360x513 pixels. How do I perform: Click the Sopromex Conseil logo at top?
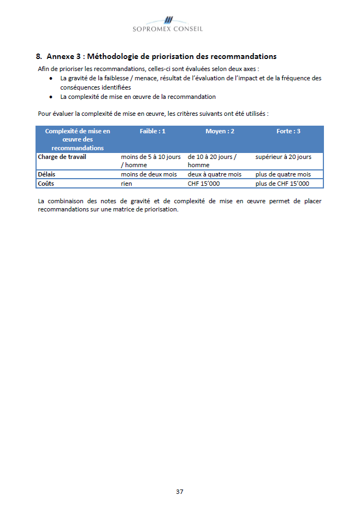168,24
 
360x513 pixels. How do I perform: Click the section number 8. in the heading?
39,56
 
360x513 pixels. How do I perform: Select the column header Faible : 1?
152,131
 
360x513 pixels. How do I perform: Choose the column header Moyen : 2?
220,131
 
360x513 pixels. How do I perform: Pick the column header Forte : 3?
288,131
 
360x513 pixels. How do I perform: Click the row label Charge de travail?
62,157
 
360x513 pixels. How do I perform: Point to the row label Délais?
46,174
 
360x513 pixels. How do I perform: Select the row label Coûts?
46,184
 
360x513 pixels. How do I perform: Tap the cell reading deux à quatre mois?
214,174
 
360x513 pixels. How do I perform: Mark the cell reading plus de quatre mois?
283,174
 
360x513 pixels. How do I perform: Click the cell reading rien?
127,184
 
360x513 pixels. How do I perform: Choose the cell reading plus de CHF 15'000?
282,184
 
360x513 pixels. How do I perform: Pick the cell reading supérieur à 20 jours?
283,157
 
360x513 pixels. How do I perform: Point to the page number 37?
180,491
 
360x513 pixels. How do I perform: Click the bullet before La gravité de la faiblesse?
50,79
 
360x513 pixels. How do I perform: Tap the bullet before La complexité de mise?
50,97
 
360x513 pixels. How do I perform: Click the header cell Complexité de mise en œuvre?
78,139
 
